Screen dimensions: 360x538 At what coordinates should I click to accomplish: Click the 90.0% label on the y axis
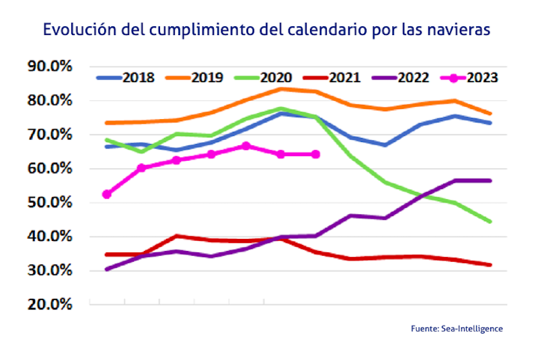49,67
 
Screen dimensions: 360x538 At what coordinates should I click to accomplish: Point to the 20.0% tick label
49,304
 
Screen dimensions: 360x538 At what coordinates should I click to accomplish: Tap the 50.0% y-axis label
49,203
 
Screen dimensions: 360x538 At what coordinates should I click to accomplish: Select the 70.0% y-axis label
49,135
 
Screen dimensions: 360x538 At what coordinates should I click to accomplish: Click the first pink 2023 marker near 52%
106,194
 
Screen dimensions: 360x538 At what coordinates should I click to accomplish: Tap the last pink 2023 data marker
315,154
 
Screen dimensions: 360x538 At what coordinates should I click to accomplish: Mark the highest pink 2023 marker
245,146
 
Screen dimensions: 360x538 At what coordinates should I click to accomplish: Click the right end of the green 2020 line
490,221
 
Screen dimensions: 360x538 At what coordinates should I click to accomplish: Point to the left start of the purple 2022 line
106,269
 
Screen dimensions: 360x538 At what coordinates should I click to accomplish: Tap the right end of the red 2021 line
490,265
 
